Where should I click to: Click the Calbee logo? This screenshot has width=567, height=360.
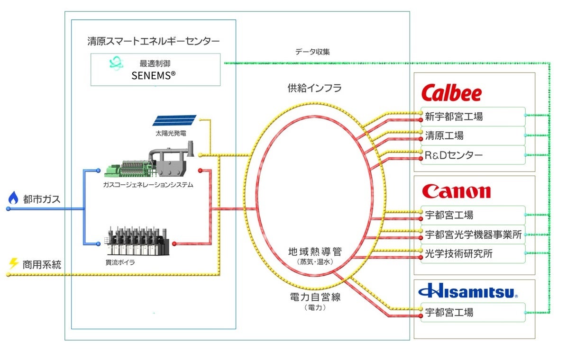[x=451, y=93]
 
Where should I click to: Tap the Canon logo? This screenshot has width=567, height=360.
[x=456, y=191]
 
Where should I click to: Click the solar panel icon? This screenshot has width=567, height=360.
[x=174, y=121]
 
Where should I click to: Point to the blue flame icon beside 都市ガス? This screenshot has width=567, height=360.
[x=13, y=198]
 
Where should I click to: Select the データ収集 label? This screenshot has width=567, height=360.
[x=312, y=52]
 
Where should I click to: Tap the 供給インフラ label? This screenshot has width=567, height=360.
[x=314, y=88]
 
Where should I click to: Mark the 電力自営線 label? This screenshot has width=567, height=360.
[x=315, y=297]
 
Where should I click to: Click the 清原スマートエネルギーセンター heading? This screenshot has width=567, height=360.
[x=153, y=41]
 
